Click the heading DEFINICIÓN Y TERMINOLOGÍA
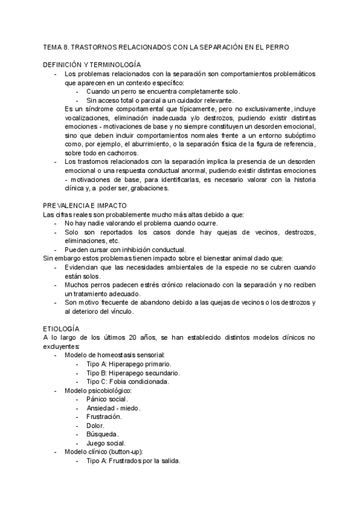point(92,64)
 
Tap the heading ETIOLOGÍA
point(61,329)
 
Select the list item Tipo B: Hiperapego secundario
point(133,373)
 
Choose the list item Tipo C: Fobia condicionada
point(127,381)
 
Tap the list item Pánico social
point(107,399)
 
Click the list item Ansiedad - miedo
point(113,408)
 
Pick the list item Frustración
point(104,417)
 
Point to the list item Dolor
point(95,426)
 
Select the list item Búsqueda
point(102,434)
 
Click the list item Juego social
point(106,443)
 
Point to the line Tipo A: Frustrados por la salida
point(133,461)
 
